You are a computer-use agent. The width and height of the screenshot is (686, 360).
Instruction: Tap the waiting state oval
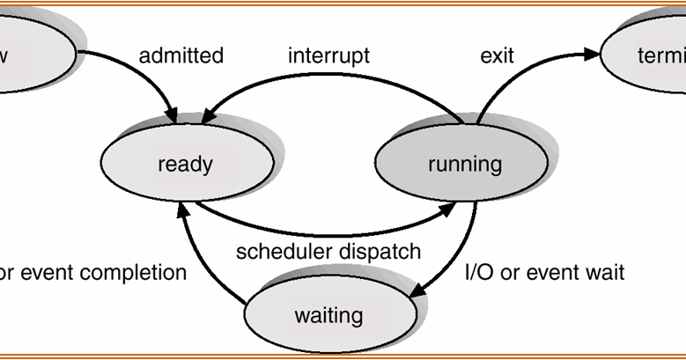pos(328,313)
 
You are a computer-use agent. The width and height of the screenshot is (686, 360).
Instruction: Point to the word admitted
pos(181,55)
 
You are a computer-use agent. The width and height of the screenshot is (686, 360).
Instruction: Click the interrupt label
pos(328,55)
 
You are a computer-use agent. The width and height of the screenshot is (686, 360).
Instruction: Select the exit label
pos(497,55)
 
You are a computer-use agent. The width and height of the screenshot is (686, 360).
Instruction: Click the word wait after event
pos(604,272)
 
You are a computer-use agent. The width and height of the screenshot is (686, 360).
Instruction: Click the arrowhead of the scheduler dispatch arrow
pos(446,207)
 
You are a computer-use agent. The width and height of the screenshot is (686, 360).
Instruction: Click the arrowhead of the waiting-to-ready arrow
pos(182,208)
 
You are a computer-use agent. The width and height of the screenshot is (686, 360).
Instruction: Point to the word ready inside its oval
pos(185,164)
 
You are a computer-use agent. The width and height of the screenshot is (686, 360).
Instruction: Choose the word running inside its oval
pos(464,164)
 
